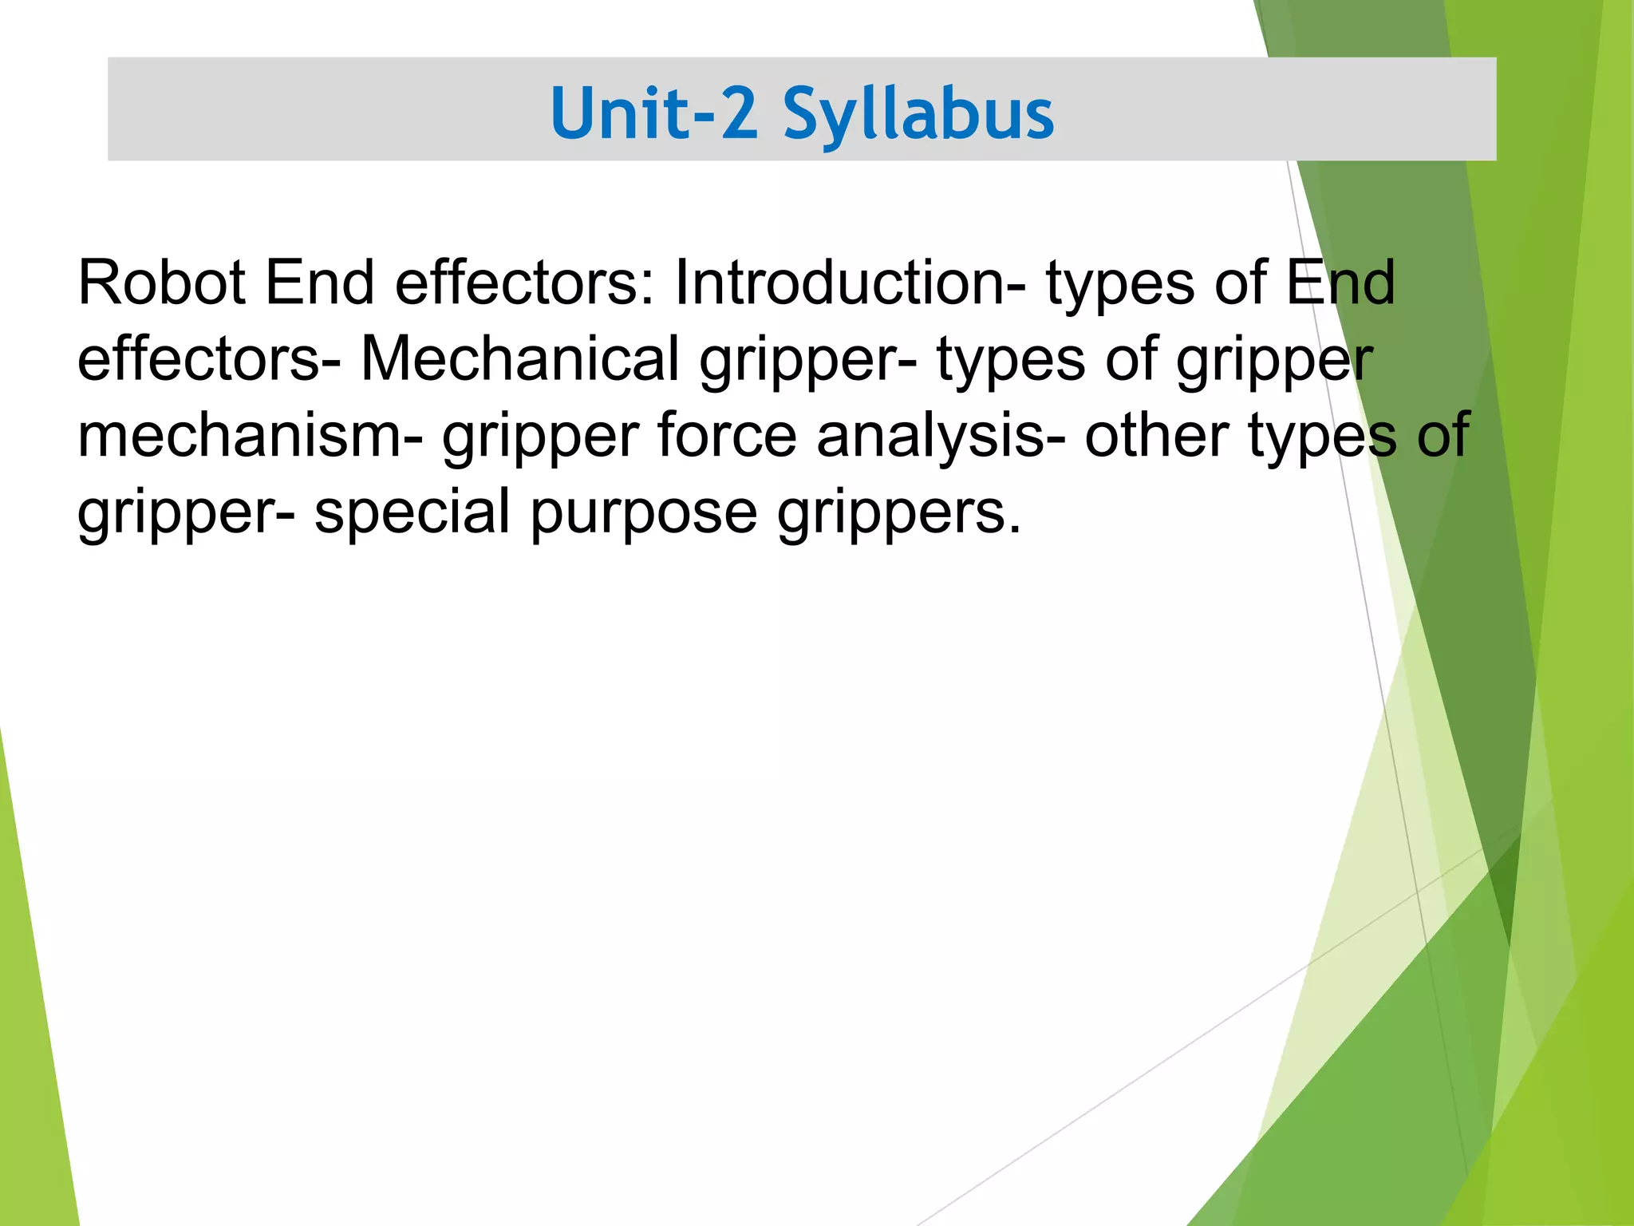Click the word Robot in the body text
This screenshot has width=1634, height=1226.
161,283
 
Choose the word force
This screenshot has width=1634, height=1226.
727,435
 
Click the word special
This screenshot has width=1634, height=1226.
412,512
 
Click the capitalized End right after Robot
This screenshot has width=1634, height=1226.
320,283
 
